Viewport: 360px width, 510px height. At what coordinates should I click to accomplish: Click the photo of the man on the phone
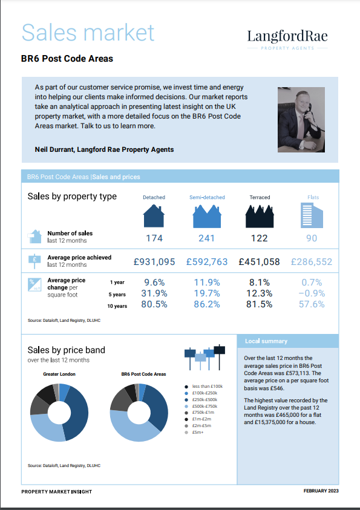tap(303, 119)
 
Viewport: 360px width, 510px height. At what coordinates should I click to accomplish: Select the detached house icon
tap(154, 215)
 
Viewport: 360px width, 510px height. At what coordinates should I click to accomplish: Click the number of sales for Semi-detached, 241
tap(206, 238)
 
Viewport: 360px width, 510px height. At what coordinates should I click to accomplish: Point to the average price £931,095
tap(154, 262)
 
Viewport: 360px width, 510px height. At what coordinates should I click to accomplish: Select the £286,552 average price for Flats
tap(312, 262)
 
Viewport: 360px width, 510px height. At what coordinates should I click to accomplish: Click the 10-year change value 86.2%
tap(206, 304)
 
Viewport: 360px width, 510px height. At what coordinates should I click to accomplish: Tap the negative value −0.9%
tap(312, 293)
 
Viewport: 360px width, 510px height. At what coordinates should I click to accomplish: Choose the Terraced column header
tap(260, 198)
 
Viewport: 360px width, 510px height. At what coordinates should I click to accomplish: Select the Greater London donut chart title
tap(59, 374)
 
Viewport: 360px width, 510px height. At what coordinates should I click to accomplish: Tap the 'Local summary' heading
tap(266, 342)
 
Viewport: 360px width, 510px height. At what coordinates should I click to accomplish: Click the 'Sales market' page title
tap(88, 32)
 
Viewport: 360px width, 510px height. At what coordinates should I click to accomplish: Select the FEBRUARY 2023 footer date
tap(321, 491)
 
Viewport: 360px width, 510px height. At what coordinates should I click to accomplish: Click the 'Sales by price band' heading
tap(67, 350)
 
